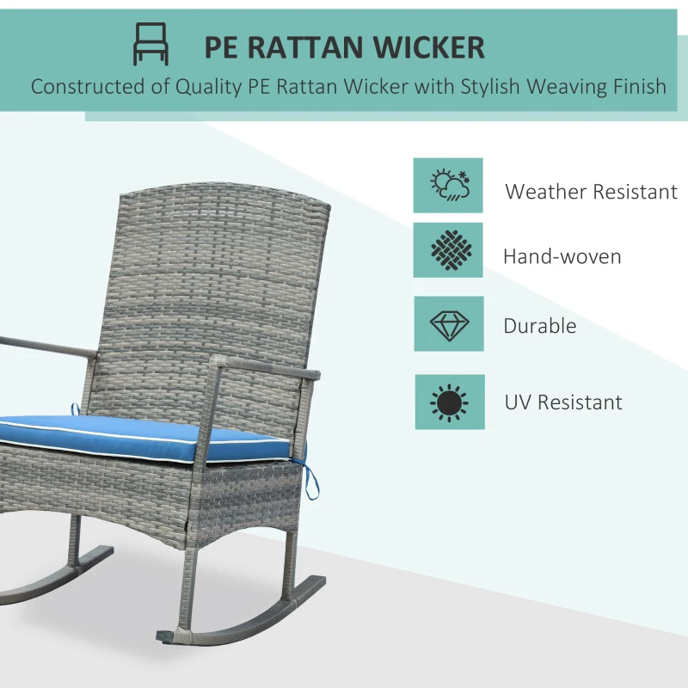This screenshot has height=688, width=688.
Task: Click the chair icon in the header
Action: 150,44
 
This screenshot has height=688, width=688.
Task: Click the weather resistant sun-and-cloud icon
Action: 448,185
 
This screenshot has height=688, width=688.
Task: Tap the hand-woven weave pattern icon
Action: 448,250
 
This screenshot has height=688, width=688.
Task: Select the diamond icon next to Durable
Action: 448,324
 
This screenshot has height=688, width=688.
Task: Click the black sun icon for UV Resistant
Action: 449,402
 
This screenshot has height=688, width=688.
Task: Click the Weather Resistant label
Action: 591,191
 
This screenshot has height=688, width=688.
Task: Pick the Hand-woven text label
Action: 562,256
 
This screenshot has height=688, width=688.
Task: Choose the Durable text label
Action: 539,326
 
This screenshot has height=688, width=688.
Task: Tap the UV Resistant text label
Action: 563,402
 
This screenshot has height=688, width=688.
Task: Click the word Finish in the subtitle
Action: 636,87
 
